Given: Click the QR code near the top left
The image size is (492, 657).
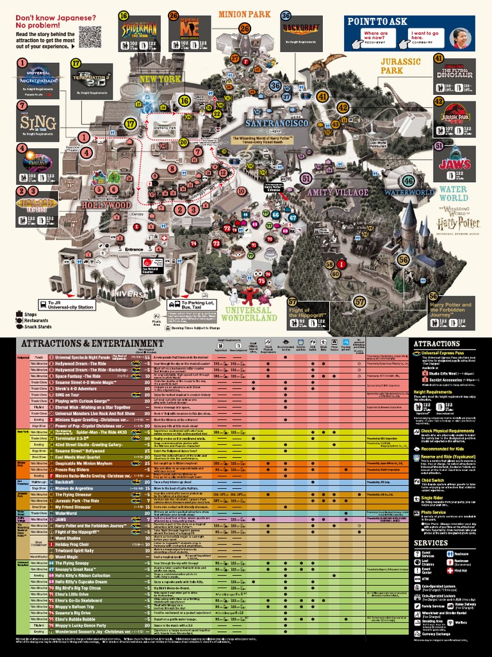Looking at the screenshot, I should [x=90, y=36].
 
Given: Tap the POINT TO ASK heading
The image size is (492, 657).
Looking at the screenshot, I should [x=377, y=21].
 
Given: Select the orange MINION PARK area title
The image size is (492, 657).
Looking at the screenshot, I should [x=244, y=13].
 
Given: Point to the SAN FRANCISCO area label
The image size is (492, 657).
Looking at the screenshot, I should [x=277, y=123].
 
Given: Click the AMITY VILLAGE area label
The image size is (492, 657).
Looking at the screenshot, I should [x=338, y=192].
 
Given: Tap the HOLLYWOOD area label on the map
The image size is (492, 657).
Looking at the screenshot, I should [x=106, y=205].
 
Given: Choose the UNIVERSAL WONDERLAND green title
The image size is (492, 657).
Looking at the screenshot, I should [x=250, y=313].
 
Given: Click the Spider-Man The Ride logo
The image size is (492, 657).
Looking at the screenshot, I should [x=138, y=27].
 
